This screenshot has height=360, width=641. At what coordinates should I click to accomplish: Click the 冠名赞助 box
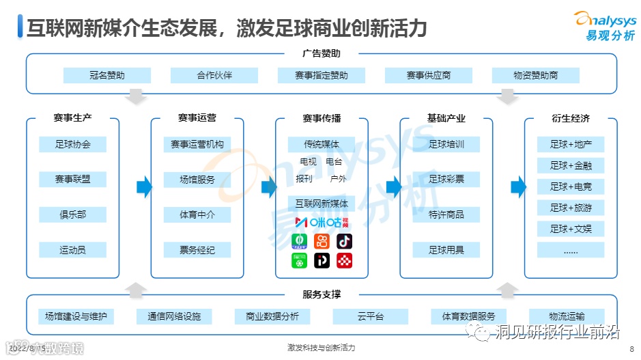click(x=106, y=75)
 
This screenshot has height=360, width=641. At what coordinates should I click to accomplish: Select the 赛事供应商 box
click(x=429, y=75)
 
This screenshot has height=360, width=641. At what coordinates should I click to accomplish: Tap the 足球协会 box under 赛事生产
click(x=73, y=144)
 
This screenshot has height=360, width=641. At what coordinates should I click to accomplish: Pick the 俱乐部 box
click(x=73, y=214)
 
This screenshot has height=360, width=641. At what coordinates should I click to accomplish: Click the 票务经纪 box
click(x=197, y=250)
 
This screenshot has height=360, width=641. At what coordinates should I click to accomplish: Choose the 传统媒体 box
click(x=321, y=144)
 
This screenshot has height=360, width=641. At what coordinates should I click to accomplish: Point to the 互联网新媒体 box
click(x=321, y=203)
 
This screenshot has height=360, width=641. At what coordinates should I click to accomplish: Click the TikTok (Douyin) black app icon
click(x=344, y=241)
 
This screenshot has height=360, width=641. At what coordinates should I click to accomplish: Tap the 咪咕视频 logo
click(x=321, y=222)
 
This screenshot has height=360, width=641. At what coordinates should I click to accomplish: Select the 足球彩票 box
click(x=446, y=180)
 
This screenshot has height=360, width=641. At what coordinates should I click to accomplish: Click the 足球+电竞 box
click(x=571, y=186)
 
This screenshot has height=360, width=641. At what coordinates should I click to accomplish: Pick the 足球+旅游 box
click(x=571, y=208)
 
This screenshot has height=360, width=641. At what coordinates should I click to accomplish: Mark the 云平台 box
click(x=371, y=316)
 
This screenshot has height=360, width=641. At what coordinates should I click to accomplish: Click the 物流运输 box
click(x=567, y=316)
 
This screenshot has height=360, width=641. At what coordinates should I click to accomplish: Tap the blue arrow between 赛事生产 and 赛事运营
click(x=143, y=186)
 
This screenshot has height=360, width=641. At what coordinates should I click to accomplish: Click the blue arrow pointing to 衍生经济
click(x=518, y=186)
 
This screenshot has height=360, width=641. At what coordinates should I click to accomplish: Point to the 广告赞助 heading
click(x=321, y=53)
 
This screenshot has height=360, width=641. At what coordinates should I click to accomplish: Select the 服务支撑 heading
click(x=321, y=295)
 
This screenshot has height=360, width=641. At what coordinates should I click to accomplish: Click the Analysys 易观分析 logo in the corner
click(x=604, y=25)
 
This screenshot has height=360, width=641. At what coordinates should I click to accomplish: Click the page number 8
click(x=631, y=348)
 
